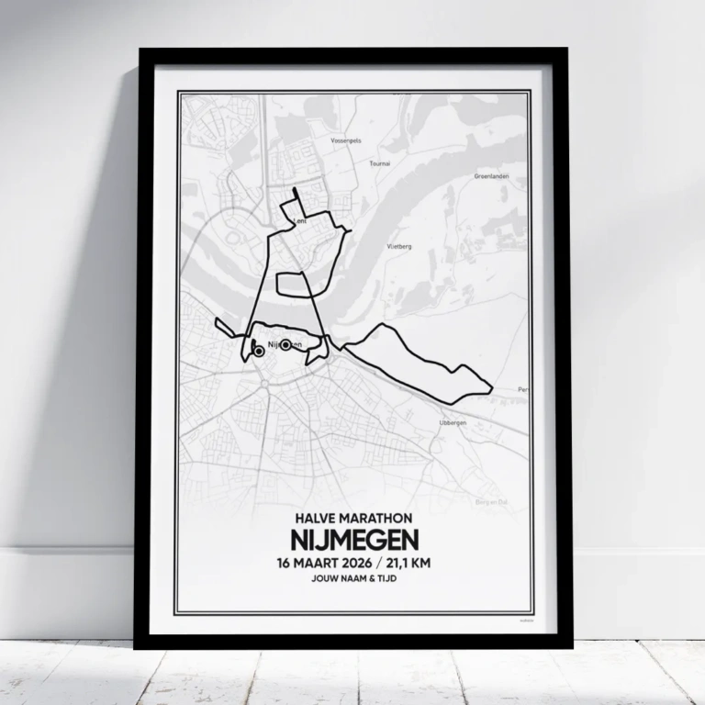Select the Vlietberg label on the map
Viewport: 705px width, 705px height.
point(400,247)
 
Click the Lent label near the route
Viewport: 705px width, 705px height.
point(299,222)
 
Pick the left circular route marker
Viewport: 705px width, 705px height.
point(258,351)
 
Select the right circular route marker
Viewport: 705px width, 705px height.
point(285,345)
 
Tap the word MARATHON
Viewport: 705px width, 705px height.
point(376,519)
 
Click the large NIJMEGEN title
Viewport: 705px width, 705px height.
point(353,540)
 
